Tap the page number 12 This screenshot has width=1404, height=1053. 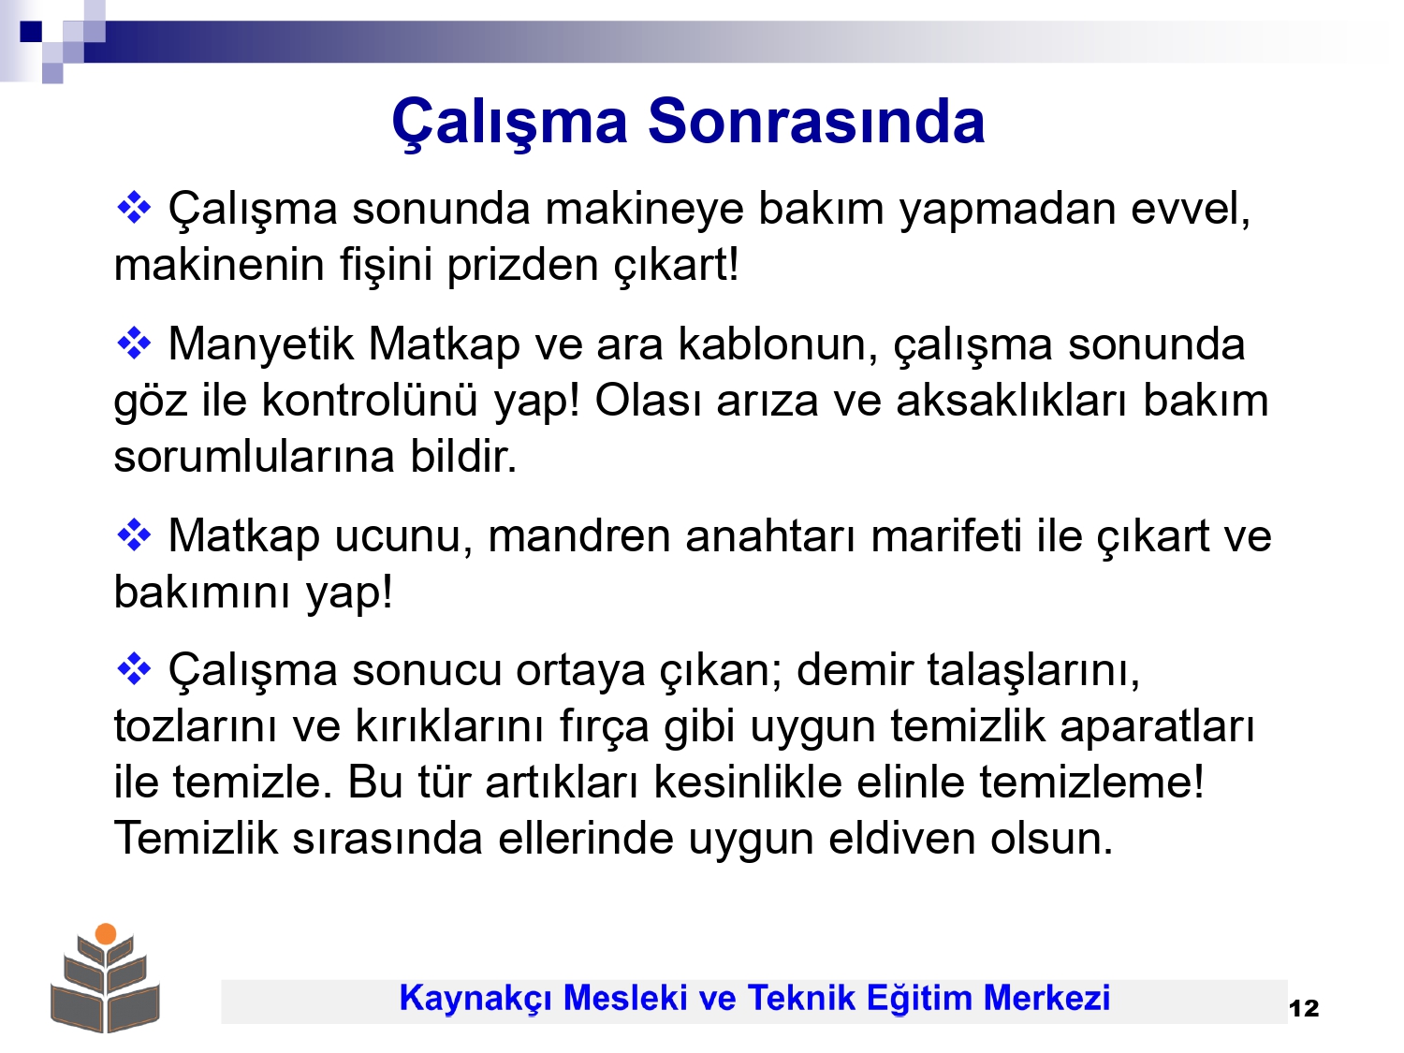click(1304, 1008)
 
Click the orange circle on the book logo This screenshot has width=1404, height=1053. click(106, 933)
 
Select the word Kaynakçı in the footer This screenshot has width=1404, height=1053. click(475, 998)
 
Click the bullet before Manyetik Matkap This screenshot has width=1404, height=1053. click(134, 344)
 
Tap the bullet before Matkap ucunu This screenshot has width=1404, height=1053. click(134, 534)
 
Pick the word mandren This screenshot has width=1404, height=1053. click(579, 535)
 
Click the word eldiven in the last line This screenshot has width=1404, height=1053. click(902, 838)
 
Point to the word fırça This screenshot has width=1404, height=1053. click(605, 727)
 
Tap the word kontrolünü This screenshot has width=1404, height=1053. click(370, 401)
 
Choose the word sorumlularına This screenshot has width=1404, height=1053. click(255, 457)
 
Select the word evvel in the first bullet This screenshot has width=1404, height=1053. click(1191, 209)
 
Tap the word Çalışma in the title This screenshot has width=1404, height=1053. click(510, 122)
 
